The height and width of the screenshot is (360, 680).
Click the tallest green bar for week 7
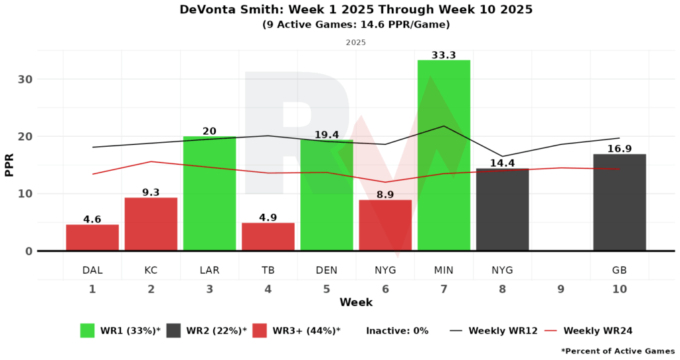pyautogui.click(x=444, y=155)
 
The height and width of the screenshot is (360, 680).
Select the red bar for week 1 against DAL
pyautogui.click(x=92, y=238)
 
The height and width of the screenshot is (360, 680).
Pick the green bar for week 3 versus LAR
pyautogui.click(x=209, y=193)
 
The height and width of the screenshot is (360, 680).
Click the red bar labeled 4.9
pyautogui.click(x=268, y=236)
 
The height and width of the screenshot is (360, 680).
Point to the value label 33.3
pyautogui.click(x=444, y=55)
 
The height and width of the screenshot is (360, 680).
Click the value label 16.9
pyautogui.click(x=619, y=149)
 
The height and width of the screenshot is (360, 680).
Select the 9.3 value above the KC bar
pyautogui.click(x=151, y=193)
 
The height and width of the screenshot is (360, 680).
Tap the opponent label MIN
pyautogui.click(x=444, y=270)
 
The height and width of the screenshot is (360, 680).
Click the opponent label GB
pyautogui.click(x=619, y=270)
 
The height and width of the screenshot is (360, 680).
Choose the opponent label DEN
pyautogui.click(x=327, y=270)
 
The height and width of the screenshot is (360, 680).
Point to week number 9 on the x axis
pyautogui.click(x=560, y=289)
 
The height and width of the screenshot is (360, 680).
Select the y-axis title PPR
pyautogui.click(x=9, y=165)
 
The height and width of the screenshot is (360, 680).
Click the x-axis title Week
pyautogui.click(x=356, y=303)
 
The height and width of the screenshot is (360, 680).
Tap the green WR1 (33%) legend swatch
pyautogui.click(x=88, y=330)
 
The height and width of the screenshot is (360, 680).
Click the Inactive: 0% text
pyautogui.click(x=397, y=330)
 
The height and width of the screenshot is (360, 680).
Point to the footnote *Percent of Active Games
pyautogui.click(x=618, y=351)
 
